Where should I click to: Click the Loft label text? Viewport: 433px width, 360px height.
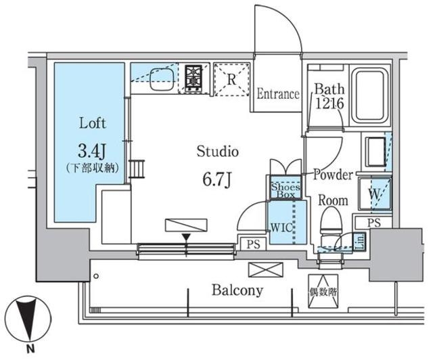(x=93, y=123)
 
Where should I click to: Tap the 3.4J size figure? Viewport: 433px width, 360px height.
(x=92, y=151)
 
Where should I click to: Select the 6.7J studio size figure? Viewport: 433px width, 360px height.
(x=217, y=179)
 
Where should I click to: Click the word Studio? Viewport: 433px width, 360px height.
(x=218, y=152)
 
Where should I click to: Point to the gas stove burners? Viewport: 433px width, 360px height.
(x=193, y=78)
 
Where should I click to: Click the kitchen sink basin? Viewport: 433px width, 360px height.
(x=162, y=79)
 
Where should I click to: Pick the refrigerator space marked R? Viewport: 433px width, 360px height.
(x=232, y=80)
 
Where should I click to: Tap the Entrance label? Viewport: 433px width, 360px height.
(x=278, y=94)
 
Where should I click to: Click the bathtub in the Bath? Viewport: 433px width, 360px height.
(x=370, y=95)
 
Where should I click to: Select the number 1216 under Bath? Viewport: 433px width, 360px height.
(x=329, y=104)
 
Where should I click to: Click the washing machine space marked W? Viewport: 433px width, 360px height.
(x=375, y=194)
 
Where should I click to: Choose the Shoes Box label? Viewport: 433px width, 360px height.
(x=286, y=191)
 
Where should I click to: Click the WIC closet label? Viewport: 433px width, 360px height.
(x=281, y=227)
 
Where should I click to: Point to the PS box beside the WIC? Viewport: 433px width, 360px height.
(x=253, y=244)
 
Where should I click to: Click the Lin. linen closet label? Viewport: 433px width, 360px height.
(x=360, y=241)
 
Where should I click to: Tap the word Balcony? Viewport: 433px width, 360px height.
(x=237, y=290)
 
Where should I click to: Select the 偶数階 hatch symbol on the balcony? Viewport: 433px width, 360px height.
(x=323, y=291)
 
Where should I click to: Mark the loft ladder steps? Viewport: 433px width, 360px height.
(x=137, y=168)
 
